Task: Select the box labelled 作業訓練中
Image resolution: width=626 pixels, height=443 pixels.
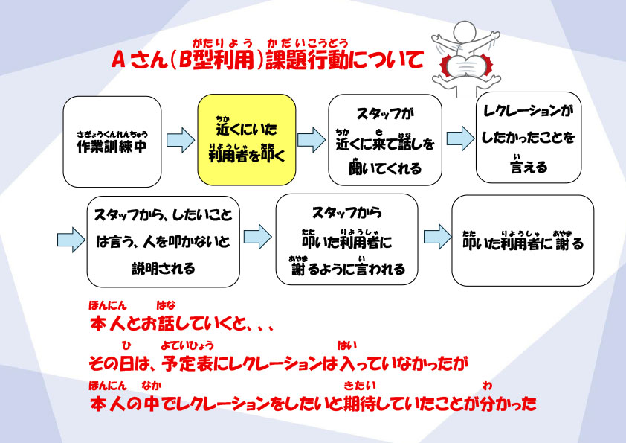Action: pyautogui.click(x=112, y=141)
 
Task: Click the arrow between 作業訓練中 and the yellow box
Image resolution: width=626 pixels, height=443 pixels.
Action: pyautogui.click(x=179, y=140)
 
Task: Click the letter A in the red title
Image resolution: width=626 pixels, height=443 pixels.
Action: pyautogui.click(x=117, y=60)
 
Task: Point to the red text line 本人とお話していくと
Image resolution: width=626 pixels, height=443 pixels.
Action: pyautogui.click(x=182, y=325)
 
